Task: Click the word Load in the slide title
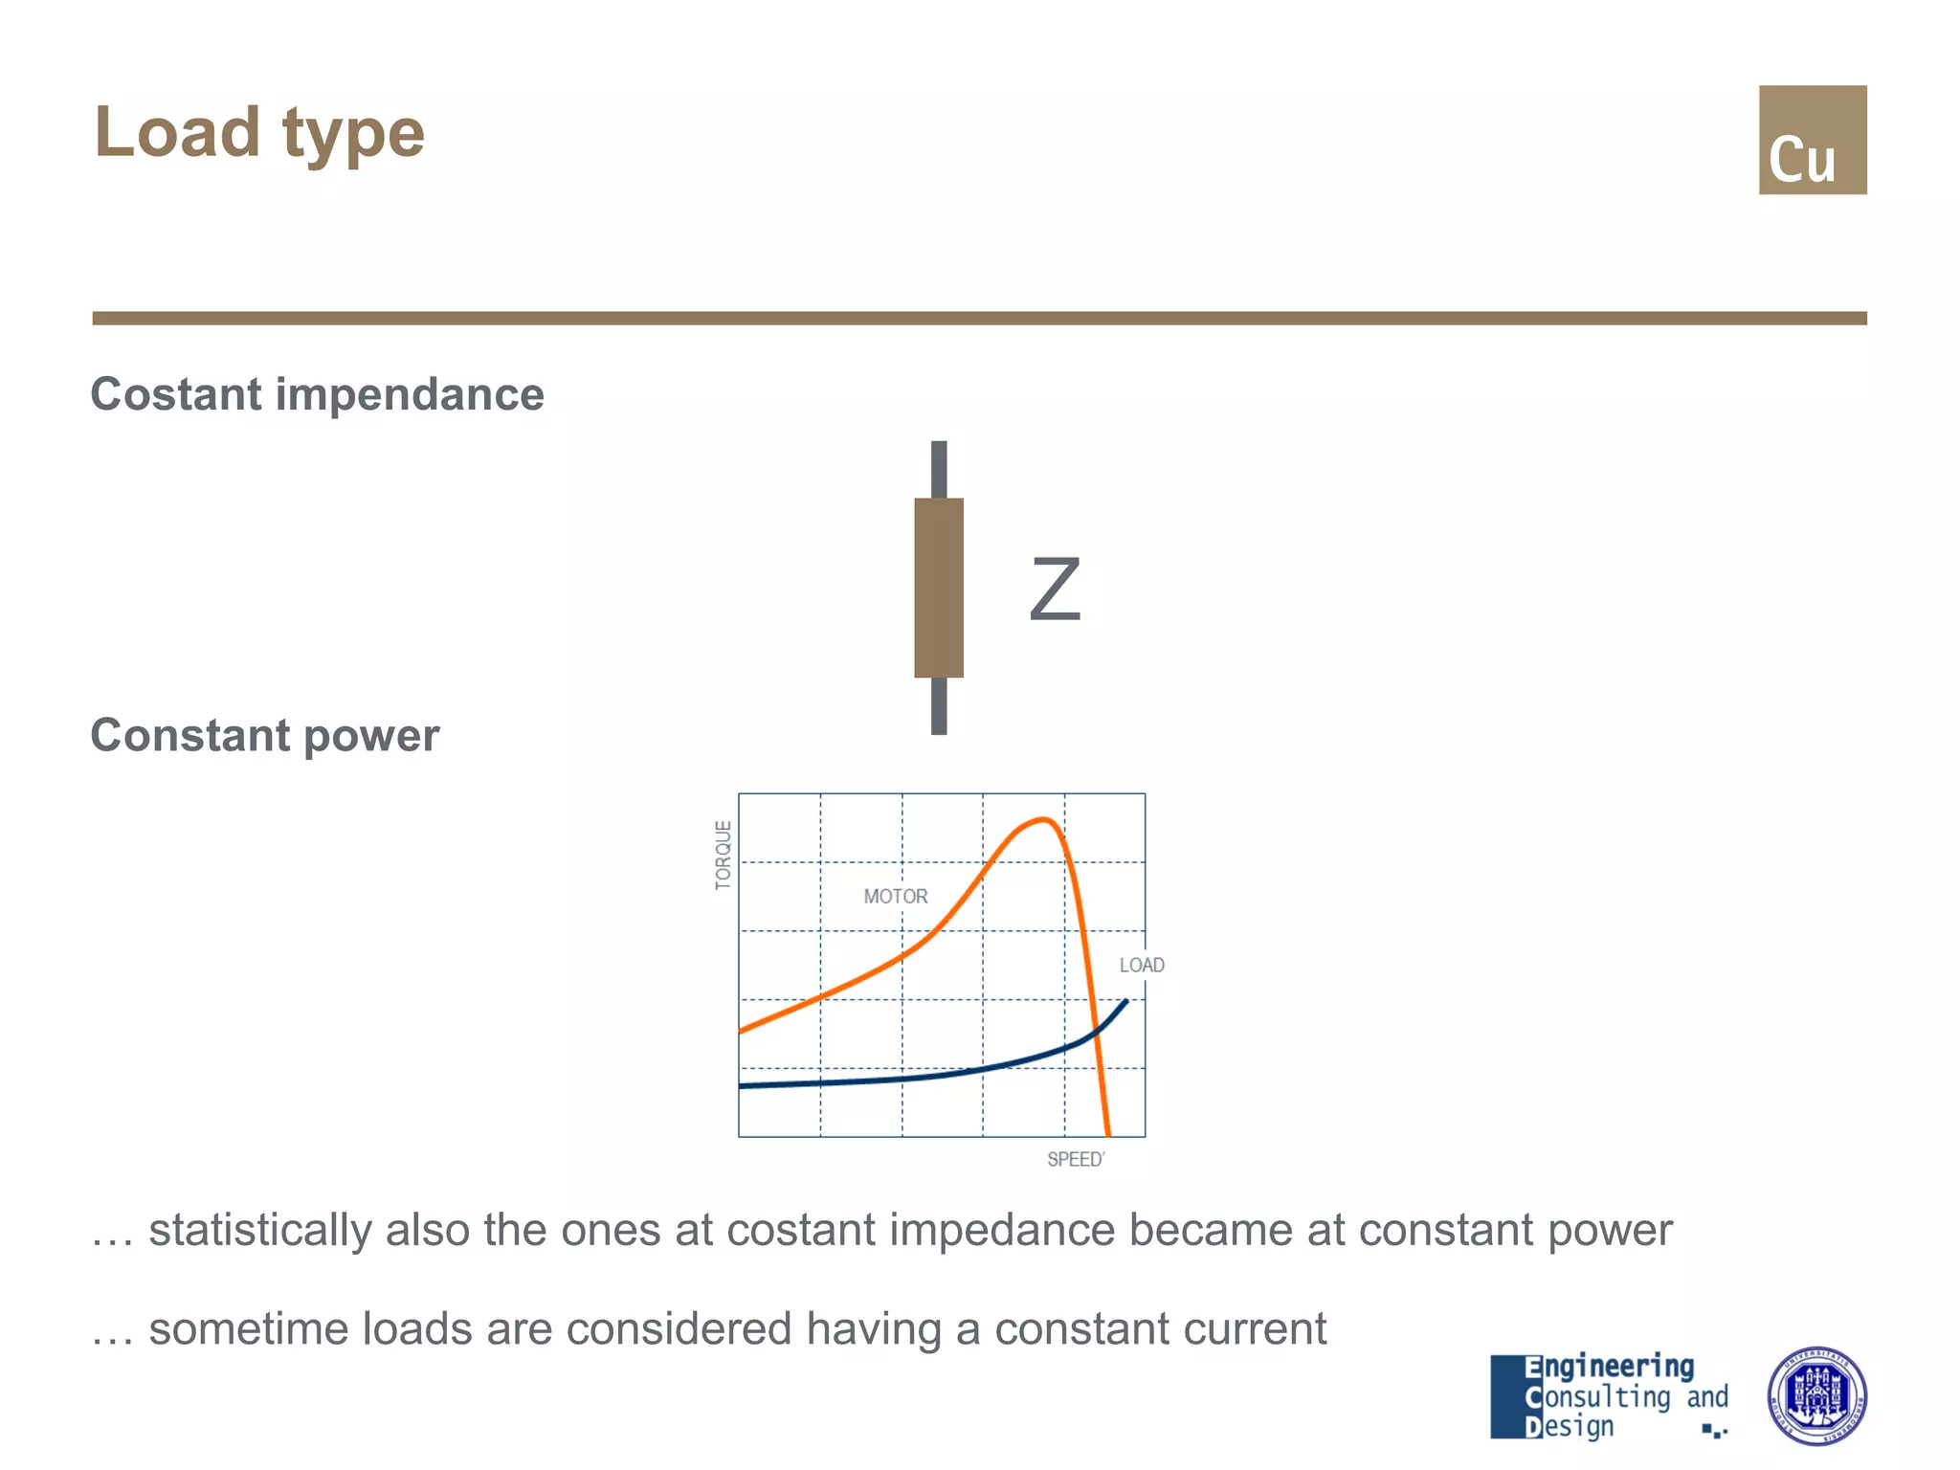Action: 177,132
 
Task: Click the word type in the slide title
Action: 353,134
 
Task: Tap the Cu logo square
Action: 1812,140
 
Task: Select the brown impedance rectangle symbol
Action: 939,588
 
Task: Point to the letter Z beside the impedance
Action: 1055,590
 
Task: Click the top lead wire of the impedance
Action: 939,469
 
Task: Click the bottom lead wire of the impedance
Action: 939,706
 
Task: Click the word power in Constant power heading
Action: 371,736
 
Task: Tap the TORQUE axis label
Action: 724,855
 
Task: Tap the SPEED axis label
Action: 1075,1160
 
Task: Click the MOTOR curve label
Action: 895,897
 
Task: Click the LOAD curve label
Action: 1142,966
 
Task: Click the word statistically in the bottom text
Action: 259,1231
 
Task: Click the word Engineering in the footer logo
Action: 1610,1367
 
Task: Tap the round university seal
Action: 1815,1396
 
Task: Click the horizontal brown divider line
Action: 979,318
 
